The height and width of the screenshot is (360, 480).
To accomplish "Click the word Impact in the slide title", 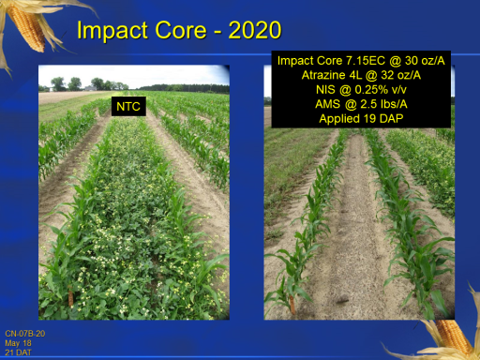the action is click(x=112, y=31).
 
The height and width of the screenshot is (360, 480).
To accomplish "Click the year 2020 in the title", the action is click(x=255, y=30).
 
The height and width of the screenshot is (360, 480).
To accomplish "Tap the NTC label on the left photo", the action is click(x=128, y=107).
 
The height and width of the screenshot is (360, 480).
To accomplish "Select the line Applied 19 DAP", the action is click(x=361, y=119).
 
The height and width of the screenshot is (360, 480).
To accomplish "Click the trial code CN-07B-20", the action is click(x=25, y=334).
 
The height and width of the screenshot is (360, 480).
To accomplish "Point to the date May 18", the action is click(x=18, y=343).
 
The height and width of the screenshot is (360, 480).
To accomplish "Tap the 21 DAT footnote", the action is click(x=18, y=352).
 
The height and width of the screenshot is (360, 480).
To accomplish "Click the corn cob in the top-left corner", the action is click(x=27, y=28).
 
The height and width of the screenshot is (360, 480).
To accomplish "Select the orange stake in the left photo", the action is click(x=71, y=298).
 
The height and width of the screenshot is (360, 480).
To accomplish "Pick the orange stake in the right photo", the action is click(x=292, y=305).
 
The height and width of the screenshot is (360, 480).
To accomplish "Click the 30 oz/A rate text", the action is click(x=425, y=61).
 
